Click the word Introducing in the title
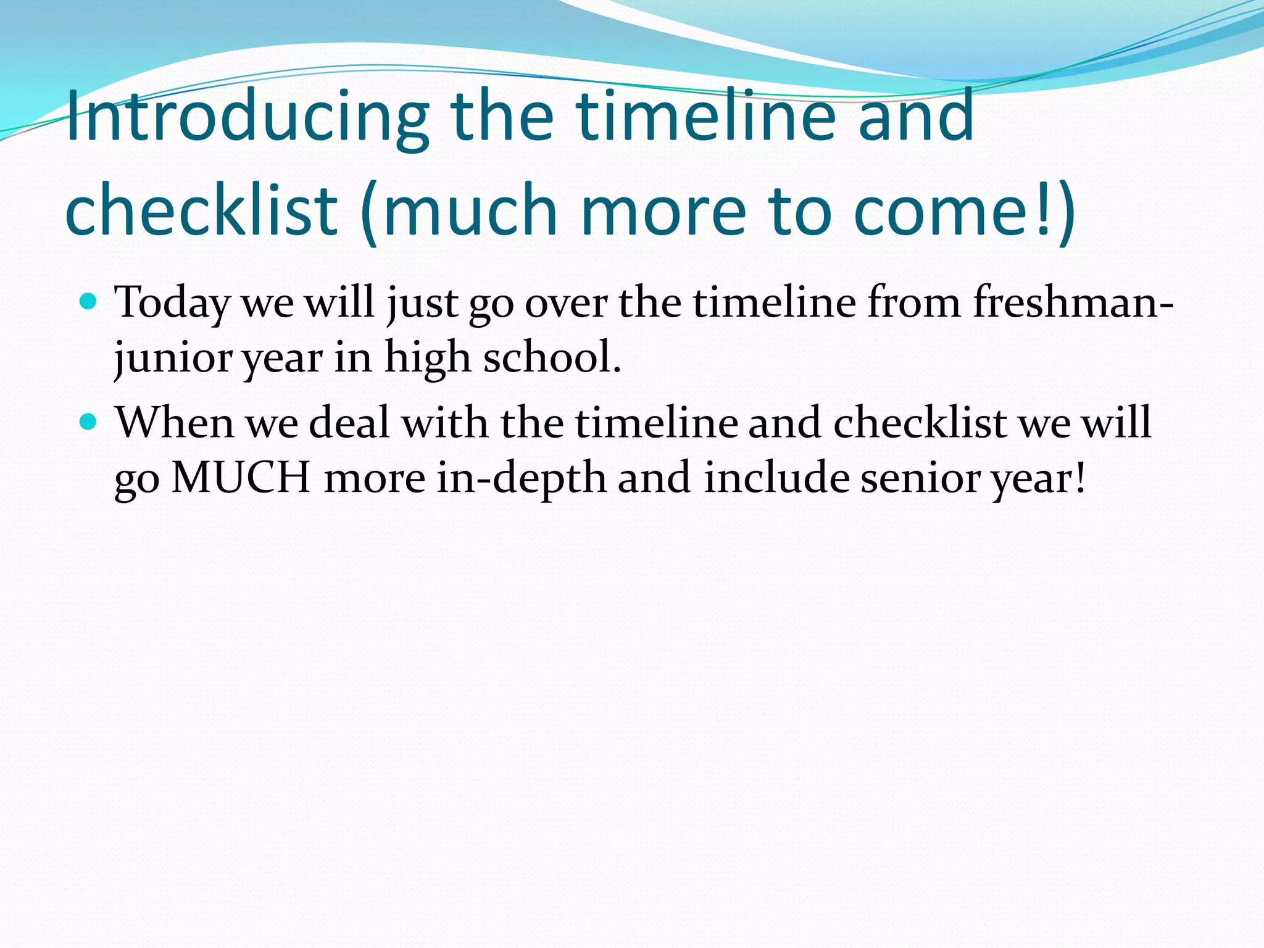pos(247,117)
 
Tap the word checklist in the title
pos(201,210)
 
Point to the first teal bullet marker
pos(89,302)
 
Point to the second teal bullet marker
pos(89,422)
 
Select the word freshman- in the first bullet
pos(1073,302)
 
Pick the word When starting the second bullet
pos(175,423)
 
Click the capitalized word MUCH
pos(241,478)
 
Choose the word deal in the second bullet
pos(349,423)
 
